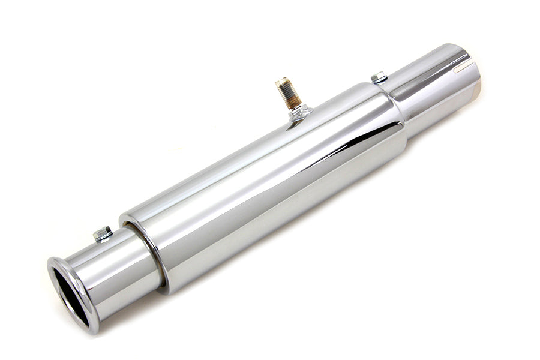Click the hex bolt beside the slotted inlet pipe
coord(379,76)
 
